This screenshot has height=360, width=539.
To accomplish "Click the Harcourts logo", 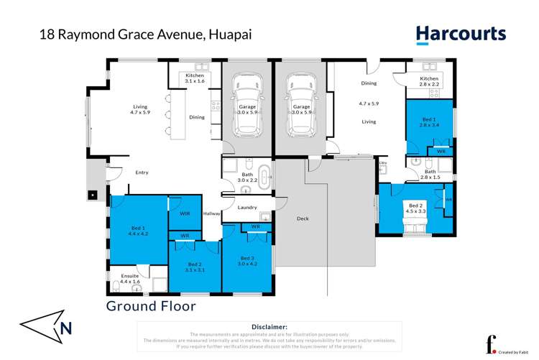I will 461,34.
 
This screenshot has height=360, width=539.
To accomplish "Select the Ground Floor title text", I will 151,306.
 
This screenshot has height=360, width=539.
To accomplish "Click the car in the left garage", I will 247,109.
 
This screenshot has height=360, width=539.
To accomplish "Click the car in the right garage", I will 300,109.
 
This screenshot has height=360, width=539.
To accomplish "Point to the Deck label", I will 303,221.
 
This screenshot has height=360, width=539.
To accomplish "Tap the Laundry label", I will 247,208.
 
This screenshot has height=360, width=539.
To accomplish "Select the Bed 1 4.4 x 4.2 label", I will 139,229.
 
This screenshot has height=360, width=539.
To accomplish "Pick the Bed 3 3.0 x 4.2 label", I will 247,261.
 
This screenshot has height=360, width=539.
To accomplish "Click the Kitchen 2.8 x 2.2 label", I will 429,81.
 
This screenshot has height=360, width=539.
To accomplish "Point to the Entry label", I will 142,172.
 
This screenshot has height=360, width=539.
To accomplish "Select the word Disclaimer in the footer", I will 269,326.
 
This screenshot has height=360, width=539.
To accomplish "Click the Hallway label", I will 211,213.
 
